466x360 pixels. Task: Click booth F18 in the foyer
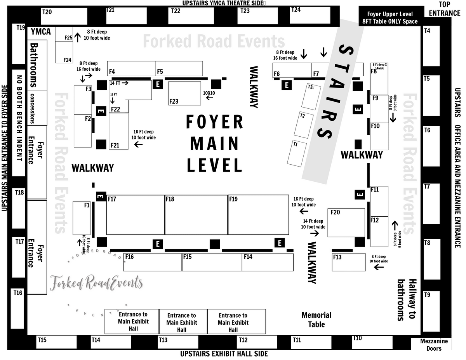click(196, 215)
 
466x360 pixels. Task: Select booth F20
click(346, 223)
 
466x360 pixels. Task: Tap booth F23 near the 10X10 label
click(184, 93)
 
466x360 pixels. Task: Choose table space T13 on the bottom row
click(176, 342)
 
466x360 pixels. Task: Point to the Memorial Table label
click(316, 320)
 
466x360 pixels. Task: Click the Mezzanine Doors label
click(434, 345)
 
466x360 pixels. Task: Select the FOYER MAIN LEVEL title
click(215, 144)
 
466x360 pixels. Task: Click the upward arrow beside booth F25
click(77, 37)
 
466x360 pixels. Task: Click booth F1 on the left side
click(82, 218)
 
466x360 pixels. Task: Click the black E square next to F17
click(101, 197)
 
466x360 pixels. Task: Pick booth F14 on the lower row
click(268, 262)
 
